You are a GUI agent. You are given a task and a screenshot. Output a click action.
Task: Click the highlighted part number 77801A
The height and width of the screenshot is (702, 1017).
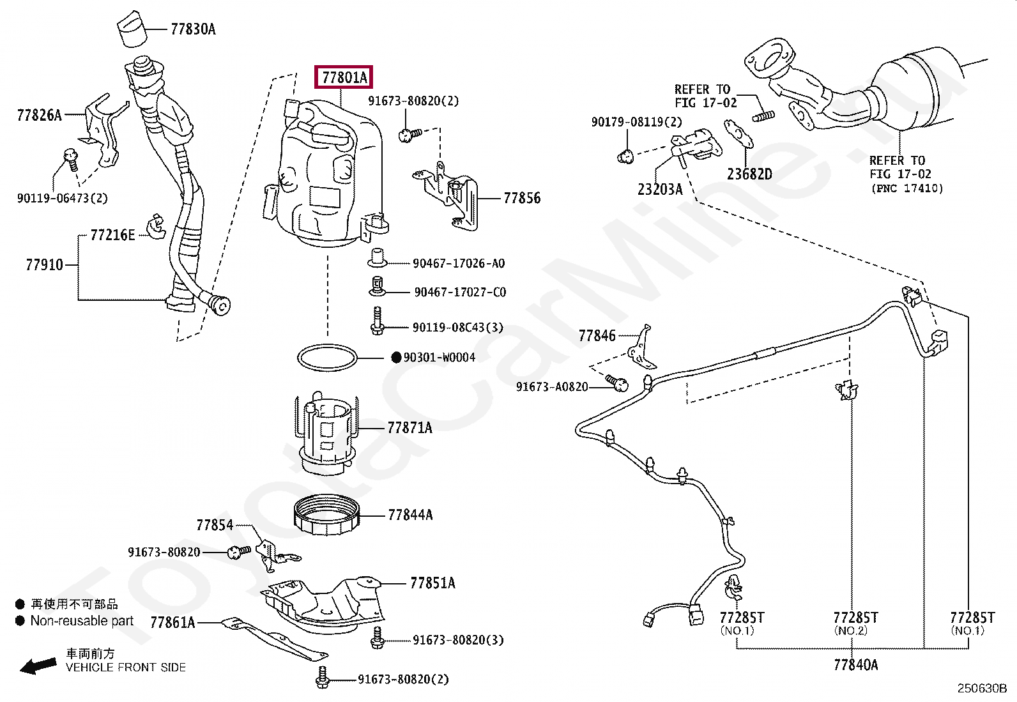point(344,78)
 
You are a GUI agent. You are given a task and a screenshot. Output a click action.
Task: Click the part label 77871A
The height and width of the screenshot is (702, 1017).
point(409,427)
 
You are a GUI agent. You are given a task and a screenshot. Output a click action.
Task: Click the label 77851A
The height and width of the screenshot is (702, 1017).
point(432,583)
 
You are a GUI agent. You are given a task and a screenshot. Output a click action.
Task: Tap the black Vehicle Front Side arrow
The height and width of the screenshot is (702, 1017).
point(36,666)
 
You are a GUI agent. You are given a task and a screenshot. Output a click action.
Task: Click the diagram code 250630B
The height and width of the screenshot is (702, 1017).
point(981,689)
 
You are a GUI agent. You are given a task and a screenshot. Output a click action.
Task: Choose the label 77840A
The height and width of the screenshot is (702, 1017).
point(855,665)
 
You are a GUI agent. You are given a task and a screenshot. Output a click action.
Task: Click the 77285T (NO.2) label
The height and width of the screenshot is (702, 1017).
point(855,618)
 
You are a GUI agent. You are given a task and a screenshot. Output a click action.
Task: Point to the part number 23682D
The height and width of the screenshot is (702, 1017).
point(749,174)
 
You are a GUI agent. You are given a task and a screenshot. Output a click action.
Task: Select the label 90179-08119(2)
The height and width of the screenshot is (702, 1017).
point(636,121)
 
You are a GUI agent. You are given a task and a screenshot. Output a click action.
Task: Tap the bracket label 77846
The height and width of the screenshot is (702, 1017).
point(597,335)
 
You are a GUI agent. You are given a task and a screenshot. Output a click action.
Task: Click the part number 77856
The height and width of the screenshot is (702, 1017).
point(521,198)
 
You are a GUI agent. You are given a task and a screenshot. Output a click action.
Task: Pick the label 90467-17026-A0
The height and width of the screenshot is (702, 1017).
point(458,263)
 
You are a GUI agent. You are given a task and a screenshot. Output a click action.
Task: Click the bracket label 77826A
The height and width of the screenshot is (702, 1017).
point(39,115)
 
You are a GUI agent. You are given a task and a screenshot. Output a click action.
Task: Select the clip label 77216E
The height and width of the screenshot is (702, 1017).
point(112,235)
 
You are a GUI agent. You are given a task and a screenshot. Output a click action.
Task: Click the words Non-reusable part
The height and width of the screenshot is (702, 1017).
point(82,621)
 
